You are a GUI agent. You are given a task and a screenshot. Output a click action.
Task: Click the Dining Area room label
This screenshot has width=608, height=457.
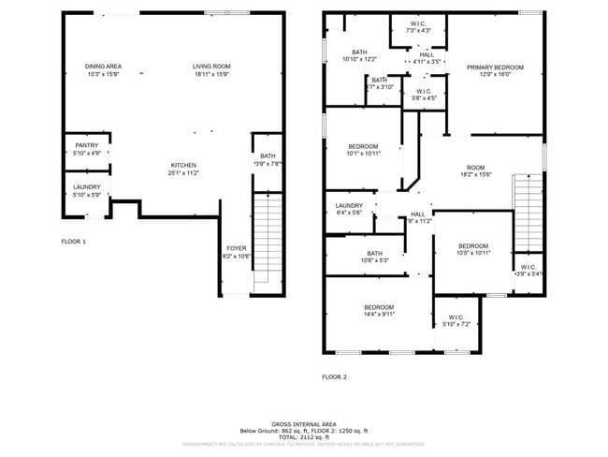(x=104, y=69)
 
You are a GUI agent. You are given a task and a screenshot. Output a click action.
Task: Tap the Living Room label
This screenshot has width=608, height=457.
(x=211, y=69)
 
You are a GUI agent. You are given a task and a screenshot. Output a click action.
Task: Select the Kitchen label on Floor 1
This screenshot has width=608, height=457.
(x=183, y=170)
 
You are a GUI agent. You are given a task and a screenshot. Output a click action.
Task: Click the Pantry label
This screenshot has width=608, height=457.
(x=85, y=150)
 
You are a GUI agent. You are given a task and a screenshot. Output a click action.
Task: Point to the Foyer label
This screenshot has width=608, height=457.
(x=236, y=252)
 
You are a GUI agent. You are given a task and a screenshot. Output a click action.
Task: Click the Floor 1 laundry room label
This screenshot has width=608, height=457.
(x=86, y=190)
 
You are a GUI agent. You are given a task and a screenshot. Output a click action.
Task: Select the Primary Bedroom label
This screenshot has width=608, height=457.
(x=495, y=71)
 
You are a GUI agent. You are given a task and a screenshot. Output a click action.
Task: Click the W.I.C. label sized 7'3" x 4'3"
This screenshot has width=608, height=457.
(x=418, y=27)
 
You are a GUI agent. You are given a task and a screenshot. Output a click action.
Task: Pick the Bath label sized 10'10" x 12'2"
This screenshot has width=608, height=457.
(x=359, y=55)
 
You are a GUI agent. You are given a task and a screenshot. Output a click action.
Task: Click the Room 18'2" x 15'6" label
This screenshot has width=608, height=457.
(x=475, y=171)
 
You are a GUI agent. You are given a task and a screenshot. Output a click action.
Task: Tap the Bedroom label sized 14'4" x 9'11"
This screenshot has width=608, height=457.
(x=379, y=311)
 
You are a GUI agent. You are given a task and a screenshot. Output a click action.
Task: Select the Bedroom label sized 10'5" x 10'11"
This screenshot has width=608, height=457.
(x=473, y=249)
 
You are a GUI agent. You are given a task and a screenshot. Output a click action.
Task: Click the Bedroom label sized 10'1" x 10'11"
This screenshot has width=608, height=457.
(x=363, y=150)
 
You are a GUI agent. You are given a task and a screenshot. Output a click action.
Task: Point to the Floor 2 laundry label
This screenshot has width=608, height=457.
(x=349, y=209)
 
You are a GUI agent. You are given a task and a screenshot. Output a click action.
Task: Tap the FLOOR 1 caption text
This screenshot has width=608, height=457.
(x=73, y=242)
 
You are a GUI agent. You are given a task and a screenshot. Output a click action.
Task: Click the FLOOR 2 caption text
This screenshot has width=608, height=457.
(x=334, y=376)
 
